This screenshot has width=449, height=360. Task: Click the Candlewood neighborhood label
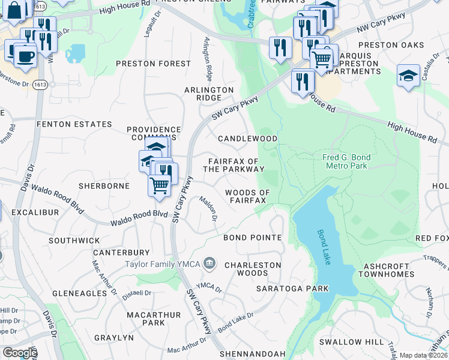coord(247,139)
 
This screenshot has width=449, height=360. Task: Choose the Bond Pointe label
coord(252,238)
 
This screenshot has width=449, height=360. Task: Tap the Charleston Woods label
coord(252,269)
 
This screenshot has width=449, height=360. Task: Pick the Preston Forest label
coord(153,64)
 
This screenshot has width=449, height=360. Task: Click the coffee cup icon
coord(24,56)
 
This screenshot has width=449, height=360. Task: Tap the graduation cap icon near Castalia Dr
coord(408,76)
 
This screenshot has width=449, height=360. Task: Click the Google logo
coord(19,353)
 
